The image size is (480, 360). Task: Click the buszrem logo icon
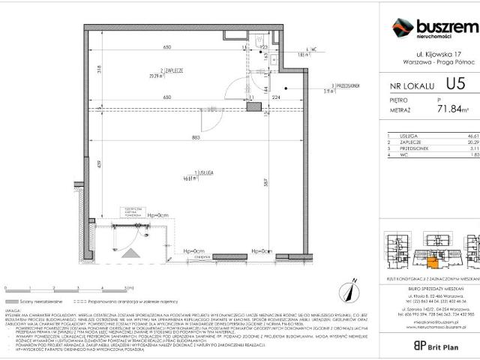tap(403, 28)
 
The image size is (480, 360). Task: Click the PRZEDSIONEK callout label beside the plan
tap(344, 86)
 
